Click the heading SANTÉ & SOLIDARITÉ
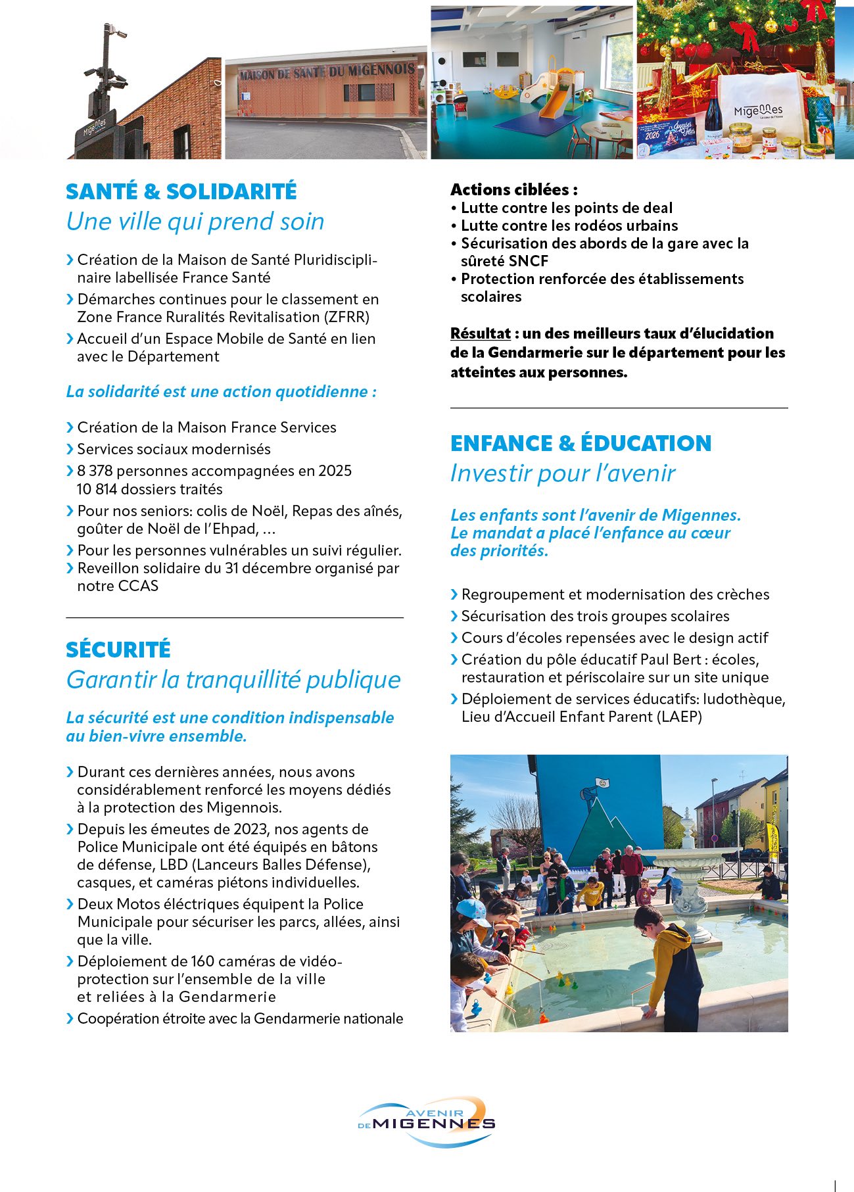click(x=181, y=191)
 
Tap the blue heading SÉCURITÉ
click(x=118, y=650)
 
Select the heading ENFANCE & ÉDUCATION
click(x=581, y=443)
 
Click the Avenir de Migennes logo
click(x=427, y=1122)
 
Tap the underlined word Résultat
click(x=480, y=333)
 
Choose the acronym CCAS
click(x=138, y=586)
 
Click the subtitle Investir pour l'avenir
click(x=563, y=473)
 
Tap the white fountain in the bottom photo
click(x=687, y=868)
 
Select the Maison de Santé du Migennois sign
click(x=327, y=72)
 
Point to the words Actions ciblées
click(x=513, y=190)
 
